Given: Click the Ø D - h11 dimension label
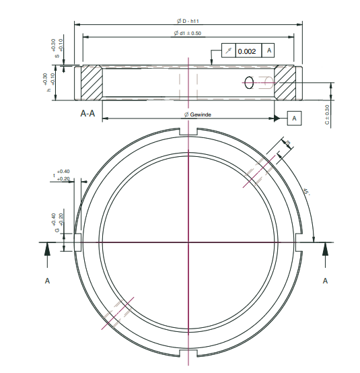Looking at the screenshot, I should pyautogui.click(x=189, y=22).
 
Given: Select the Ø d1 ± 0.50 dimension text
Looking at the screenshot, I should pyautogui.click(x=189, y=34).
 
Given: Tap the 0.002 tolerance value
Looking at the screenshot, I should pyautogui.click(x=247, y=51).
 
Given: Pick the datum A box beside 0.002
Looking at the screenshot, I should pyautogui.click(x=268, y=51).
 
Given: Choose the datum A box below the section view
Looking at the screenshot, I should pyautogui.click(x=295, y=118).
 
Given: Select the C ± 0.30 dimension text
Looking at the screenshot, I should pyautogui.click(x=328, y=114).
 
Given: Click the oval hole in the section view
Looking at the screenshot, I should pyautogui.click(x=250, y=82).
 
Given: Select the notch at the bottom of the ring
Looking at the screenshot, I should pyautogui.click(x=190, y=353).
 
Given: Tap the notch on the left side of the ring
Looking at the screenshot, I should pyautogui.click(x=79, y=242).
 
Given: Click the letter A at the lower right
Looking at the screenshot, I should pyautogui.click(x=326, y=279).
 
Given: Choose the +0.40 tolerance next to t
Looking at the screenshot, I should pyautogui.click(x=64, y=172).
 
